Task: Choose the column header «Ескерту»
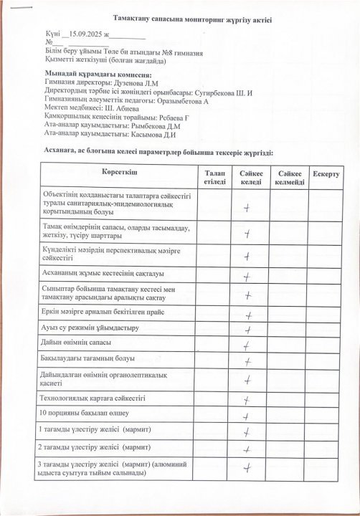click(x=326, y=175)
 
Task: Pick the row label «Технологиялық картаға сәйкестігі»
click(x=93, y=396)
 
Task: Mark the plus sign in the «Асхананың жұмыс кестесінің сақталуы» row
click(x=247, y=277)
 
